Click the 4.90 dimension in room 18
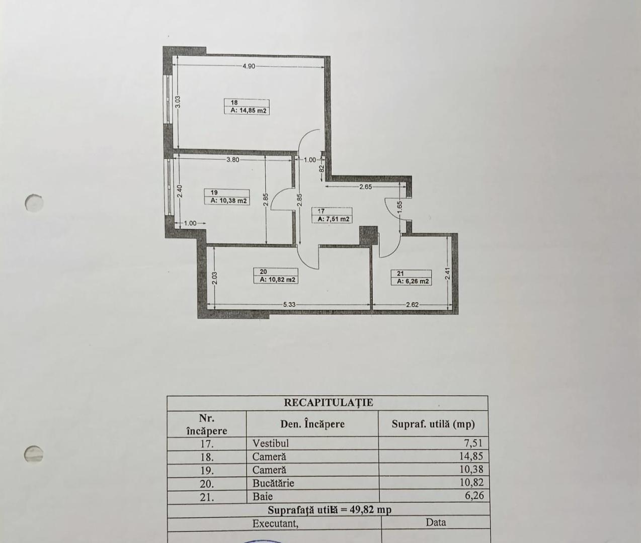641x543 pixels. click(x=249, y=66)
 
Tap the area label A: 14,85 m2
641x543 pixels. click(x=249, y=111)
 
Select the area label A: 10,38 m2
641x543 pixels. click(x=228, y=201)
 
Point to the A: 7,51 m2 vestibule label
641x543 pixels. click(x=334, y=219)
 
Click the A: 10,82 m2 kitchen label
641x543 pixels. click(x=278, y=280)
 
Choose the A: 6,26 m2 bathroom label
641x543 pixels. click(x=413, y=282)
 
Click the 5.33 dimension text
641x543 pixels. click(x=289, y=305)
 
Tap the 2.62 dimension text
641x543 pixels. click(x=412, y=305)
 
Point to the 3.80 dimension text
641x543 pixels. click(x=233, y=160)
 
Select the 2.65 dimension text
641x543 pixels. click(x=365, y=187)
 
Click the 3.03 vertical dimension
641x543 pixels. click(x=178, y=102)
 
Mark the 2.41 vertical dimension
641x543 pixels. click(x=447, y=274)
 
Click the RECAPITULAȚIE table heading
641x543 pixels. click(x=329, y=403)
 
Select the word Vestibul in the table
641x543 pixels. click(x=270, y=443)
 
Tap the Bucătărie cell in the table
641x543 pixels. click(x=273, y=483)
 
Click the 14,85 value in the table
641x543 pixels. click(x=471, y=456)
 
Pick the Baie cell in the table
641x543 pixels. click(x=263, y=497)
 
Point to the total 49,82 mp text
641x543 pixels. click(x=370, y=510)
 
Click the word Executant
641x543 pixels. click(x=275, y=524)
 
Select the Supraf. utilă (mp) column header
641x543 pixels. click(x=433, y=424)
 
